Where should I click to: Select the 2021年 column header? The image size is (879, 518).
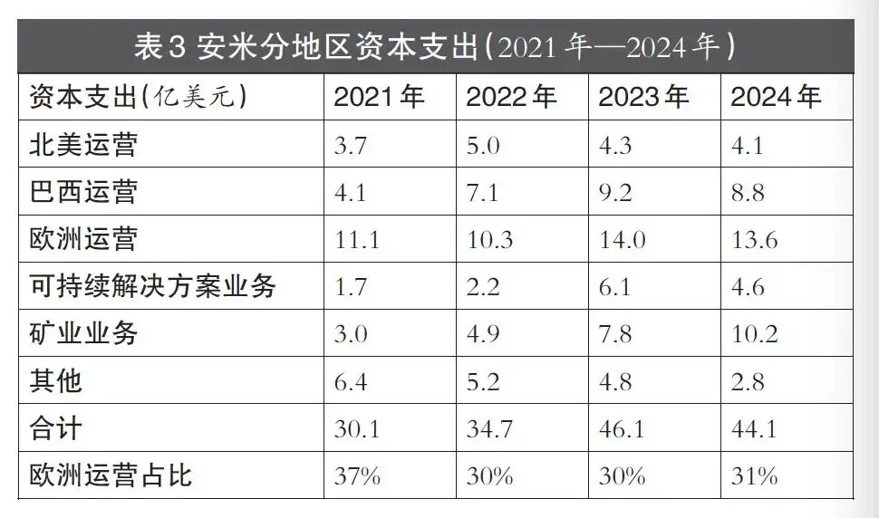[x=379, y=97]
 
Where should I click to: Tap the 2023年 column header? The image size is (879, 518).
[x=643, y=97]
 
